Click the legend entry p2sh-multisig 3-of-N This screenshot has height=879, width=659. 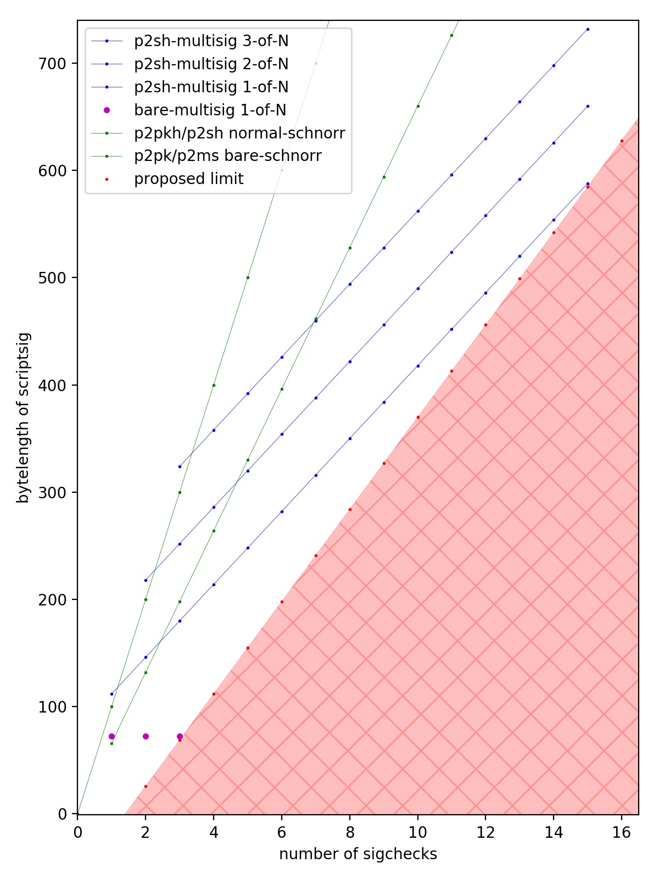[211, 41]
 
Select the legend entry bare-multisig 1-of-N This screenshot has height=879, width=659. [210, 110]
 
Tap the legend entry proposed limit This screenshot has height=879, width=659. [188, 179]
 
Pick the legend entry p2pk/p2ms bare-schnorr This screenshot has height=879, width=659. [227, 156]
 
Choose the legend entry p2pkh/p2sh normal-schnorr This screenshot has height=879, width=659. [239, 133]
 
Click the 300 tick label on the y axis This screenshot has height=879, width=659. [52, 493]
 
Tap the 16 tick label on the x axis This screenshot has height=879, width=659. [622, 833]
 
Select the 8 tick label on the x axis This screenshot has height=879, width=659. [350, 833]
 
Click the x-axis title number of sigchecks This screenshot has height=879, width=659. [358, 854]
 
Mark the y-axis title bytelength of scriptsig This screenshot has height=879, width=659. [23, 418]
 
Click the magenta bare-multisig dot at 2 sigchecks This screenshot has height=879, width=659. [146, 736]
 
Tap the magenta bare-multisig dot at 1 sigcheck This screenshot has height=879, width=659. [111, 736]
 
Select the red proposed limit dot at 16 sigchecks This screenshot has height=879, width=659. [622, 141]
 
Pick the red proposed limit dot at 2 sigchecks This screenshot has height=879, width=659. [146, 787]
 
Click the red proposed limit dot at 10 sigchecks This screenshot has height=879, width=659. [418, 418]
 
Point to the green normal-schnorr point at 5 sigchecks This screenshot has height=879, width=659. [248, 277]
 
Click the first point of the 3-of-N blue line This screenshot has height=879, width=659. [180, 466]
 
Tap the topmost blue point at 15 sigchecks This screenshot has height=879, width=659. [588, 29]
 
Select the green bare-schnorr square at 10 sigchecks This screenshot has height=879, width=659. [418, 106]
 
